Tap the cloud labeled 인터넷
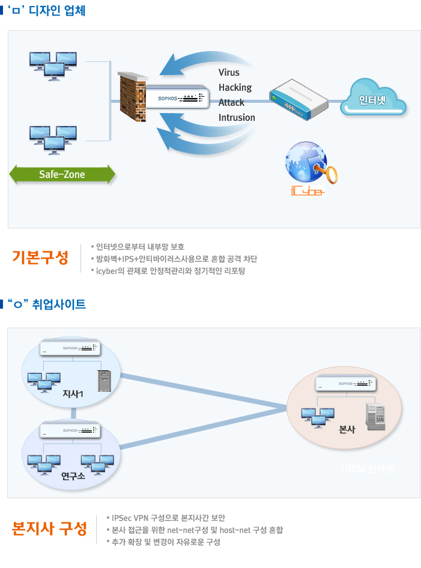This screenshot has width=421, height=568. pos(373,100)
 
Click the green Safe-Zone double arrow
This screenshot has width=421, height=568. pos(62,174)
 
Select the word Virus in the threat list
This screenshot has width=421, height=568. pos(229,73)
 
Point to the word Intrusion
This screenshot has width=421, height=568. pos(237,118)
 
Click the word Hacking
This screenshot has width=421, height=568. pos(235,88)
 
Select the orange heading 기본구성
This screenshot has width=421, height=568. pos(40,258)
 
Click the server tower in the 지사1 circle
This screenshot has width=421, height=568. pos(106,380)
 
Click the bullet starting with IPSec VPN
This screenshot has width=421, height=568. pos(169,518)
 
